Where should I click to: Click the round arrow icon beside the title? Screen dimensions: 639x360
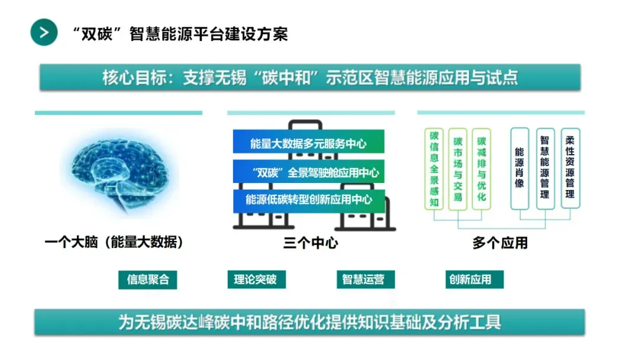tap(44, 32)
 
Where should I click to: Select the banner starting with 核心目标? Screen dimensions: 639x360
tap(310, 78)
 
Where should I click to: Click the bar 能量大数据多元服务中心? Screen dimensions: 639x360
tap(308, 143)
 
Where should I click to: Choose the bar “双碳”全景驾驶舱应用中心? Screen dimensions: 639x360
tap(308, 173)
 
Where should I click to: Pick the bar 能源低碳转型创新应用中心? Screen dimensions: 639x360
tap(308, 200)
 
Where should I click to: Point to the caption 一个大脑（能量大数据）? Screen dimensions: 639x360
tap(114, 243)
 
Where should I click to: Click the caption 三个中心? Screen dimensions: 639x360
tap(311, 243)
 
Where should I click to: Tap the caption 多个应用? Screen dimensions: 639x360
tap(500, 243)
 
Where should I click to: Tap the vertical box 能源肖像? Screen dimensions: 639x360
tap(519, 168)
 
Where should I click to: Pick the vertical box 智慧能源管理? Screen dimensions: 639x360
tap(545, 168)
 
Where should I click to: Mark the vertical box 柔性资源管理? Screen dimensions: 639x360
tap(570, 168)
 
